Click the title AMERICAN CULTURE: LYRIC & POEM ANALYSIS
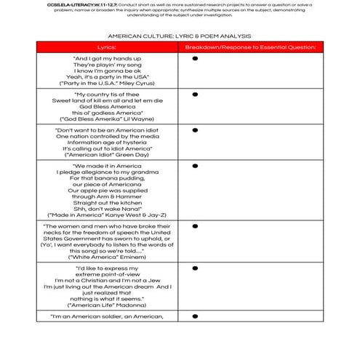point(180,34)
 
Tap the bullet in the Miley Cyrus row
point(195,58)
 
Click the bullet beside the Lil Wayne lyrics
point(195,95)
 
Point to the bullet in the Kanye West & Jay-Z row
point(195,167)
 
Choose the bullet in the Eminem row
point(195,228)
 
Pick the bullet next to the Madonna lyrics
point(195,269)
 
